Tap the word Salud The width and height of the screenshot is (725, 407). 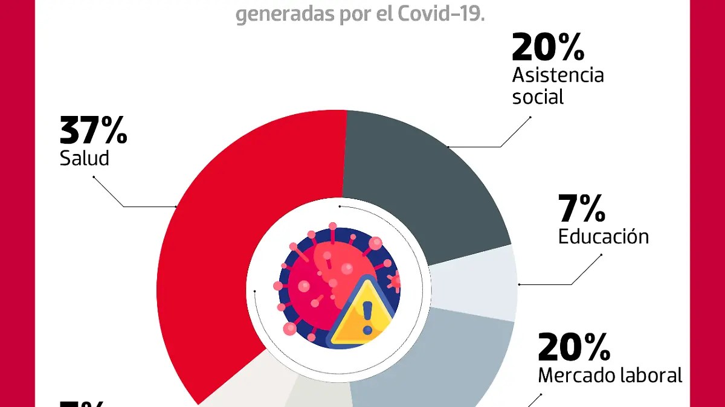(x=84, y=158)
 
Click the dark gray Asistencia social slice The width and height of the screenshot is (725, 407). (x=423, y=181)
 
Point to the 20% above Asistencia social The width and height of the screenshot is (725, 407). (x=547, y=48)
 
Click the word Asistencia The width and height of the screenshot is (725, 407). (x=558, y=75)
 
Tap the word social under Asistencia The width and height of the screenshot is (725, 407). (x=537, y=97)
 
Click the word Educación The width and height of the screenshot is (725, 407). (x=603, y=236)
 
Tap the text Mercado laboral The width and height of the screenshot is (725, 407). (x=610, y=376)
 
